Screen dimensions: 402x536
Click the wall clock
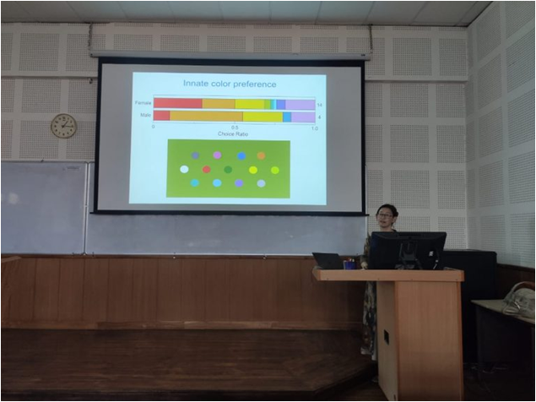click(63, 126)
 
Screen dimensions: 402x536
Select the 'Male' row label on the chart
click(145, 117)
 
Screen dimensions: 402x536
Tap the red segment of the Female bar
click(177, 104)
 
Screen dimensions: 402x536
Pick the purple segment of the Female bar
click(300, 104)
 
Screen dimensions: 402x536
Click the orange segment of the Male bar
click(206, 117)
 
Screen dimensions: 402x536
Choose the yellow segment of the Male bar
click(263, 117)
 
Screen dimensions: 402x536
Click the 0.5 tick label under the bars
click(234, 127)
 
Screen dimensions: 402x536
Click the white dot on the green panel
click(184, 169)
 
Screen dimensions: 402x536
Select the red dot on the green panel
click(206, 169)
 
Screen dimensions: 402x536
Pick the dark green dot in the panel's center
click(228, 169)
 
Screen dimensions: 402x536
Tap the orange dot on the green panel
click(261, 155)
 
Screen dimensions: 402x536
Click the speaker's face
click(385, 216)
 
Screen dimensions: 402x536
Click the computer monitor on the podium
click(408, 249)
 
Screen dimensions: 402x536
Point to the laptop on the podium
click(327, 261)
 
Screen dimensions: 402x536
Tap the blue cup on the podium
click(349, 263)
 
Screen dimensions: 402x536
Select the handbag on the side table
click(519, 299)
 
